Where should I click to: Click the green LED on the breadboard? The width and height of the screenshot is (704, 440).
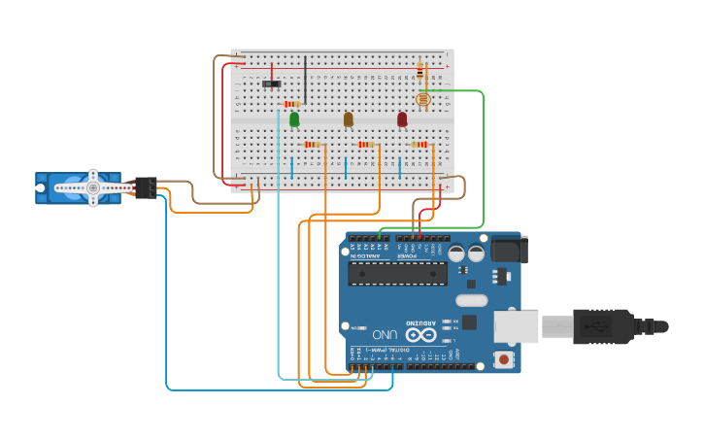[294, 118]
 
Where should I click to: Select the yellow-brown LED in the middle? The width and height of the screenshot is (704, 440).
[348, 118]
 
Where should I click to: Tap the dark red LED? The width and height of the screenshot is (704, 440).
[402, 118]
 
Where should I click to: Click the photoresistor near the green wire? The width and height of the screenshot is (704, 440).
[422, 99]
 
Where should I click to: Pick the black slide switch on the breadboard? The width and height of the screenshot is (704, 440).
[271, 85]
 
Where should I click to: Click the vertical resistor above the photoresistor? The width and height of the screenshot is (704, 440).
[419, 70]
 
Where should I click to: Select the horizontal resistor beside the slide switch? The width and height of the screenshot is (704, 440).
[291, 104]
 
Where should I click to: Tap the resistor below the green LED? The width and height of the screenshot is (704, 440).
[312, 144]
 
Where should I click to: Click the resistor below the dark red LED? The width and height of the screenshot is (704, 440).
[419, 144]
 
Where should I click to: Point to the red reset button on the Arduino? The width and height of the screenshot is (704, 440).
[503, 359]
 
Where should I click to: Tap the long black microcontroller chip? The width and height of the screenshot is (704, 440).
[398, 273]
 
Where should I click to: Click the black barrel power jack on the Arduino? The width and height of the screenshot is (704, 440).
[509, 250]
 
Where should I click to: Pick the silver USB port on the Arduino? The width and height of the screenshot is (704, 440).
[516, 326]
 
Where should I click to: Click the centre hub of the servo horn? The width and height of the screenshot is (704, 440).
[93, 187]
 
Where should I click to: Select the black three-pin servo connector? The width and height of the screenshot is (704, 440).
[147, 186]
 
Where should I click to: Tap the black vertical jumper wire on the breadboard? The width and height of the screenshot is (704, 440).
[305, 79]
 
